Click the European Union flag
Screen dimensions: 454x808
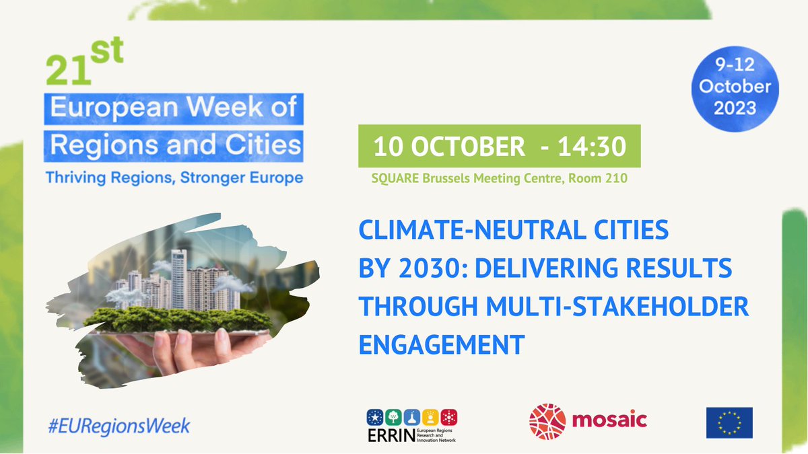[729, 422]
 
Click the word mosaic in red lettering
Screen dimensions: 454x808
[609, 421]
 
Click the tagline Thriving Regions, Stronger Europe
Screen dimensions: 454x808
[174, 178]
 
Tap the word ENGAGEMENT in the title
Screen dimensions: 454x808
[441, 344]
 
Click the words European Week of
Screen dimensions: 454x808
[174, 108]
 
